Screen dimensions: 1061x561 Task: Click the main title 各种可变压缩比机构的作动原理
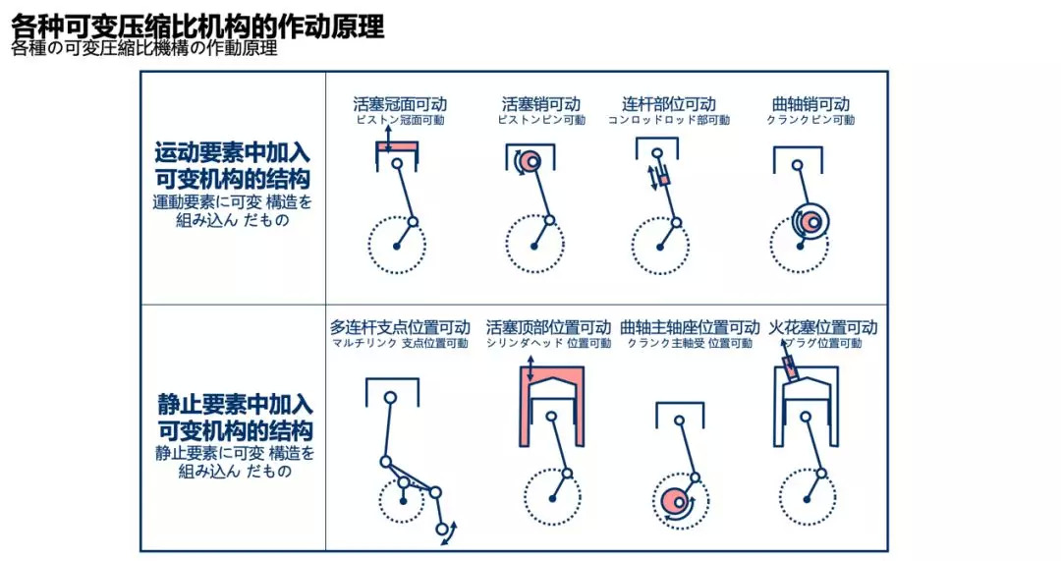pyautogui.click(x=197, y=27)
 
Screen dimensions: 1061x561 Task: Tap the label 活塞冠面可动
pyautogui.click(x=400, y=104)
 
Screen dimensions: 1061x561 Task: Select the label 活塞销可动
pyautogui.click(x=540, y=104)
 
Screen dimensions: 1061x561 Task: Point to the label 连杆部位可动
pyautogui.click(x=669, y=104)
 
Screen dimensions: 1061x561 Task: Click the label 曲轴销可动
pyautogui.click(x=810, y=104)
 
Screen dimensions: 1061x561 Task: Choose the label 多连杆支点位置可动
pyautogui.click(x=400, y=327)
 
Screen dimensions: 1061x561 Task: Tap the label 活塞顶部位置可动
pyautogui.click(x=548, y=327)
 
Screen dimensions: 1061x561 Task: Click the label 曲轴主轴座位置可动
pyautogui.click(x=690, y=327)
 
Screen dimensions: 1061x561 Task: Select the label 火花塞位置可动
pyautogui.click(x=823, y=327)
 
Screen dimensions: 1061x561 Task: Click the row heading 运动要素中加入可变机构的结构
pyautogui.click(x=232, y=166)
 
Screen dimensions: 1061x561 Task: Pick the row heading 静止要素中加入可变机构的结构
pyautogui.click(x=235, y=418)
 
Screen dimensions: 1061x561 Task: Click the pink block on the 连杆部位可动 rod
pyautogui.click(x=664, y=180)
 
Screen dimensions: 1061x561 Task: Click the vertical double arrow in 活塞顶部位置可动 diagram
pyautogui.click(x=530, y=368)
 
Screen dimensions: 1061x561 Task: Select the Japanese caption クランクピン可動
pyautogui.click(x=810, y=121)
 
